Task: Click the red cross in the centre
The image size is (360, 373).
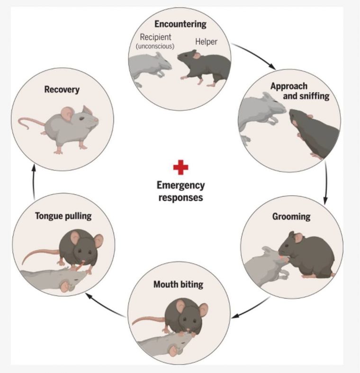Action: click(x=180, y=167)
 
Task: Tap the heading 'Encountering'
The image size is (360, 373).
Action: click(x=180, y=24)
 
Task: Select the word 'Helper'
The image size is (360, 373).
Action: click(x=206, y=42)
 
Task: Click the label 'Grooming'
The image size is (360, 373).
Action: click(x=291, y=217)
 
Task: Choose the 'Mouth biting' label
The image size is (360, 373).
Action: click(x=178, y=285)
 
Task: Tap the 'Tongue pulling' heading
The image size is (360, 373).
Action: click(x=63, y=216)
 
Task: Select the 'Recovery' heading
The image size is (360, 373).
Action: click(x=62, y=89)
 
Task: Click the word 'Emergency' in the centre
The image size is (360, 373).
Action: click(x=180, y=185)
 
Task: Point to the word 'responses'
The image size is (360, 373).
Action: click(x=180, y=197)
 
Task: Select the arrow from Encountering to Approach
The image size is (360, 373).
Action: click(x=255, y=55)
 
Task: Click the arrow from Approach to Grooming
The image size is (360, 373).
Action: click(x=326, y=182)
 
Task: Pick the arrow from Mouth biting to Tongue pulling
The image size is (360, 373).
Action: click(x=105, y=305)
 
